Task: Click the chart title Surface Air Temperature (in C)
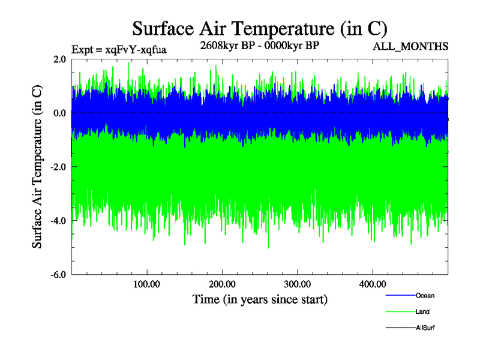pyautogui.click(x=259, y=28)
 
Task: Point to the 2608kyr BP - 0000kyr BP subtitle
pyautogui.click(x=259, y=46)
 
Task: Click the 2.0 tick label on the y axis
pyautogui.click(x=59, y=59)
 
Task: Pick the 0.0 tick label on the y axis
pyautogui.click(x=59, y=113)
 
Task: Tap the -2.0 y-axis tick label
pyautogui.click(x=58, y=167)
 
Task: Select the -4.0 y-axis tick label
pyautogui.click(x=58, y=221)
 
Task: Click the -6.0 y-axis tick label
pyautogui.click(x=58, y=275)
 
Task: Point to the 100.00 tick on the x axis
pyautogui.click(x=147, y=284)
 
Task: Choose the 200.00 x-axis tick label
pyautogui.click(x=222, y=284)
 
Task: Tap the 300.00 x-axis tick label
pyautogui.click(x=297, y=284)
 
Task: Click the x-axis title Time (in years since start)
pyautogui.click(x=260, y=298)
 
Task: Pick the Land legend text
pyautogui.click(x=422, y=311)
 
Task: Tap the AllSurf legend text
pyautogui.click(x=425, y=328)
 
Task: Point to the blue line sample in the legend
pyautogui.click(x=399, y=295)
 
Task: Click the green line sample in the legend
pyautogui.click(x=399, y=311)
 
